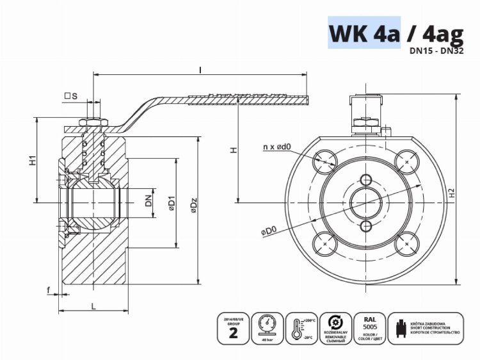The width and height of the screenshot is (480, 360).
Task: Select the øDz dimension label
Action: pyautogui.click(x=193, y=204)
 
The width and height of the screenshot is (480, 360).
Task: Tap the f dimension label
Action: pyautogui.click(x=49, y=290)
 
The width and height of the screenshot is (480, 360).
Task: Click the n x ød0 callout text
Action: pyautogui.click(x=277, y=147)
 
